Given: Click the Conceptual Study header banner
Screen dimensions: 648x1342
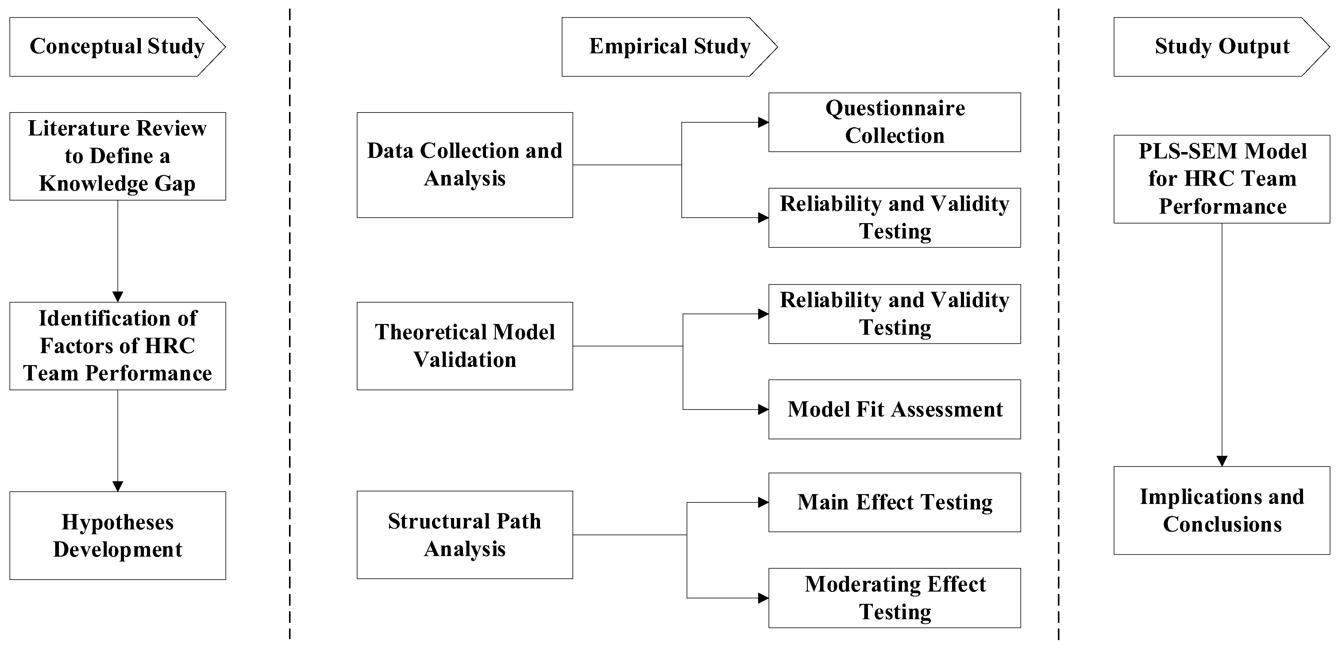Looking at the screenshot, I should (117, 47).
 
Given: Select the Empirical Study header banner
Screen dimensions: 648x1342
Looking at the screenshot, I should (669, 47).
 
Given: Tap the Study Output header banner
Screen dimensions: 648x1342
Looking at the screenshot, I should (1222, 47).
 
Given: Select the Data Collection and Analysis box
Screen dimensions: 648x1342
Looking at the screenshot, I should (465, 165).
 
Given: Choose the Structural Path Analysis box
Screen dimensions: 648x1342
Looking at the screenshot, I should (465, 535).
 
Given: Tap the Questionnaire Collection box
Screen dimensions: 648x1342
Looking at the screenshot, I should (894, 122).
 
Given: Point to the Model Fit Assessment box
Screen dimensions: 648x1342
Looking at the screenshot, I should (894, 409).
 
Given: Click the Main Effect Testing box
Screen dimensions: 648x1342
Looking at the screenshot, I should (894, 502).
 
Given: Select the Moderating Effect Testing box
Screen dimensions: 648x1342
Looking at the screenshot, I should (894, 597).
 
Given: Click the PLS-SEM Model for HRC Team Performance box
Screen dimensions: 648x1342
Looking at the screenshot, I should (1222, 179).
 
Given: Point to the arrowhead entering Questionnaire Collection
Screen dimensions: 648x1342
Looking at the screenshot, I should (763, 122).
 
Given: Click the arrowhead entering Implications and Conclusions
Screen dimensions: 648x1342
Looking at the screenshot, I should (1222, 461).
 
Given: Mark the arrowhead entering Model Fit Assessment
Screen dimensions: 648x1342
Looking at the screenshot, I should (763, 410).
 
